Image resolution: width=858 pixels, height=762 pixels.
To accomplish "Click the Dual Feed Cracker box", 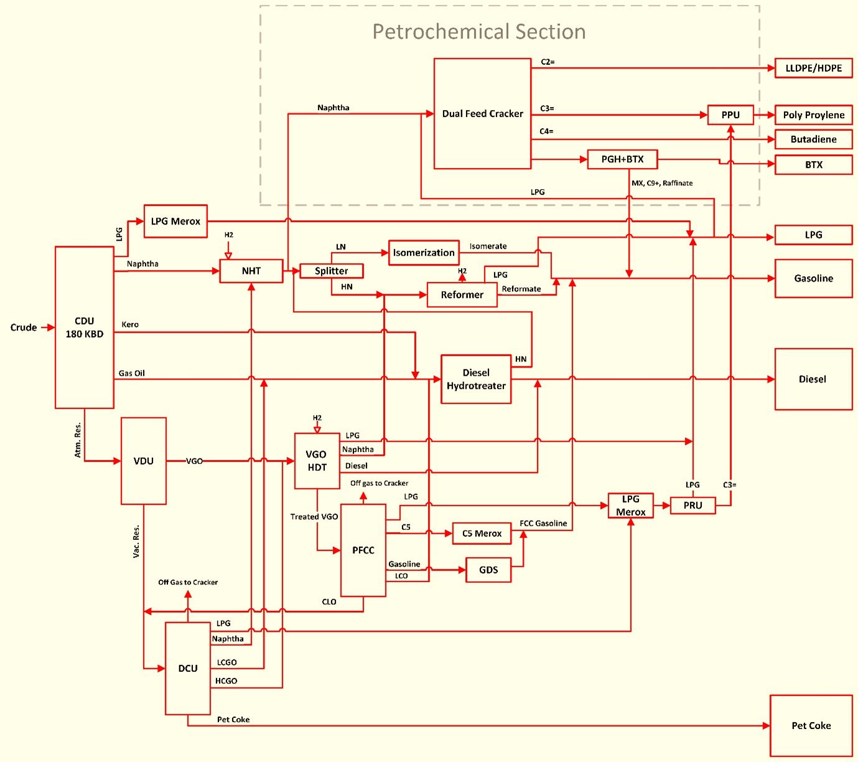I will coord(482,114).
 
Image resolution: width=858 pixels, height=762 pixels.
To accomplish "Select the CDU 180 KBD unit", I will coord(85,327).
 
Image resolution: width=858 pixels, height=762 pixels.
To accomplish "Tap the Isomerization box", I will coord(424,253).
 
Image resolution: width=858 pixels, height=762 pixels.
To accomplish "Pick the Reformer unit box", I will coord(462,295).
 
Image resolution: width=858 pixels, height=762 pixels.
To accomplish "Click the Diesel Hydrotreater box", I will coord(476,379).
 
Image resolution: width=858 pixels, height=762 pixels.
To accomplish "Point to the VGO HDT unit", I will coord(317,461).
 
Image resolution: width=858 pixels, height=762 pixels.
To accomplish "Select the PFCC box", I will coord(363,551).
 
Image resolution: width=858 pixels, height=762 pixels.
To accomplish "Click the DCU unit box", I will coord(188,669).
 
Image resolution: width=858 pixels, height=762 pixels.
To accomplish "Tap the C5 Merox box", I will coord(482,534).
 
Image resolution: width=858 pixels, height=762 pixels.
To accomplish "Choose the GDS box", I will coord(488,570).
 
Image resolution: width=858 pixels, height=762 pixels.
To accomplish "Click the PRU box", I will coord(692,505).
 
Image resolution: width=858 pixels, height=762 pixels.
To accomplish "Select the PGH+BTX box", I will coord(622,159).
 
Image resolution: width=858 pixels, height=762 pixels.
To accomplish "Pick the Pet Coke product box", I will coord(811,726).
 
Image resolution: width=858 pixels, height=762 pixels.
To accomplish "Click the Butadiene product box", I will coord(813,139).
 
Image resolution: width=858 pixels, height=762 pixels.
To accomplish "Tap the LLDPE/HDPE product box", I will coord(813,68).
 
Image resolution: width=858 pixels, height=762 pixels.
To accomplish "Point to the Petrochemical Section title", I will coord(479,32).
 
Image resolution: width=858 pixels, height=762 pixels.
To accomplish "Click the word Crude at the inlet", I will coord(24,327).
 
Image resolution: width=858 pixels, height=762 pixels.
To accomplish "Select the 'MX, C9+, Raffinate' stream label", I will coord(662,184).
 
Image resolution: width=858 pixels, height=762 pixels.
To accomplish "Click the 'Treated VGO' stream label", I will coord(314,517).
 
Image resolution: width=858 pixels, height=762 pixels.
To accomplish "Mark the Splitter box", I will coord(331,271).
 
